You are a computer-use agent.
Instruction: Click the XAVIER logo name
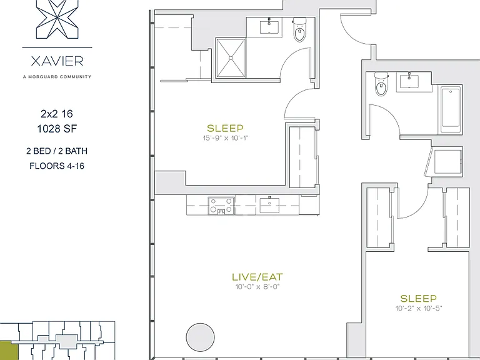tap(57, 61)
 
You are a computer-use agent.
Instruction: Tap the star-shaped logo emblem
tap(57, 19)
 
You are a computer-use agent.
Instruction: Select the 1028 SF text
tap(57, 129)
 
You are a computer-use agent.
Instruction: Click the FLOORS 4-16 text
tap(57, 166)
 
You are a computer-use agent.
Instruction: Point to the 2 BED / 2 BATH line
tap(57, 151)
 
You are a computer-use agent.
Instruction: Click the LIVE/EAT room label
tap(257, 277)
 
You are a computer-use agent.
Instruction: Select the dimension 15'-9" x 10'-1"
tap(225, 138)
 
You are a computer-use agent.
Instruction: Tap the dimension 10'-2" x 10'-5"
tap(419, 308)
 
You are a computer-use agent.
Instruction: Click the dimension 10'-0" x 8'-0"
tap(257, 287)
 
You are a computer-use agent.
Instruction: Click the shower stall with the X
tap(231, 58)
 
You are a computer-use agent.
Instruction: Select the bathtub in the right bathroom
tap(451, 110)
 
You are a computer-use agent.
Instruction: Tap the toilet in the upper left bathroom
tap(300, 30)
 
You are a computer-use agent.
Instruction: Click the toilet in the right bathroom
tap(381, 84)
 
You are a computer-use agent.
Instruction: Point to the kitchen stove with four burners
tap(221, 206)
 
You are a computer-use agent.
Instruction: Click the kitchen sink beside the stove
tap(269, 205)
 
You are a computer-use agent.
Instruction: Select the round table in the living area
tap(200, 337)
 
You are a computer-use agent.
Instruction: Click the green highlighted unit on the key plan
tap(9, 351)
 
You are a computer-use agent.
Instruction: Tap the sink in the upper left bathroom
tap(271, 27)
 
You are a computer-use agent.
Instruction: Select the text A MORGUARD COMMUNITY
tap(57, 77)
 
